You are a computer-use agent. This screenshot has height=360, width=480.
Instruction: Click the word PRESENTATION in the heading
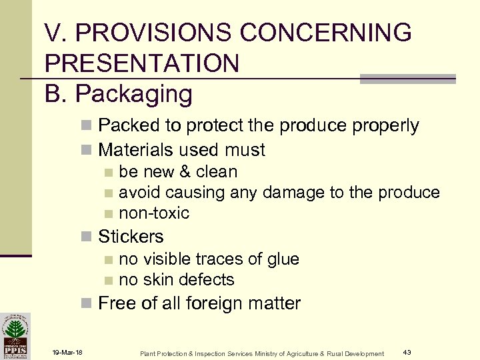(x=142, y=63)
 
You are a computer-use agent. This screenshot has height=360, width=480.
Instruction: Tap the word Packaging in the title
(x=134, y=94)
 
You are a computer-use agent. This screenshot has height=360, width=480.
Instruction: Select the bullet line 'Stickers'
(x=130, y=237)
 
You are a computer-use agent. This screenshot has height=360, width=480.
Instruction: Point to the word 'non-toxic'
(x=154, y=213)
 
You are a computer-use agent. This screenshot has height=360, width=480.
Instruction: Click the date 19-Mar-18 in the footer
(x=66, y=353)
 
